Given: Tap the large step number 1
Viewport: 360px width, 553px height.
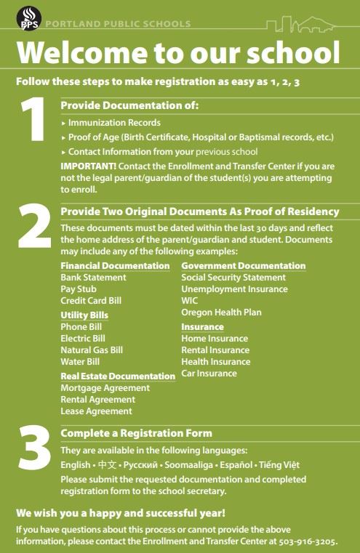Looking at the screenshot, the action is click(x=32, y=121).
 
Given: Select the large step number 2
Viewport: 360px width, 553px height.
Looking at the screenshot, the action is click(x=33, y=228).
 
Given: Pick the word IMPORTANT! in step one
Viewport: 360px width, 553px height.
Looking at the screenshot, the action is click(x=85, y=166).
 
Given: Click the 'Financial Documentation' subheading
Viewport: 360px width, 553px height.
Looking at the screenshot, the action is click(x=115, y=266).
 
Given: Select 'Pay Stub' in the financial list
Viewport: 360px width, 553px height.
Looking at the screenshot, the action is click(x=79, y=289).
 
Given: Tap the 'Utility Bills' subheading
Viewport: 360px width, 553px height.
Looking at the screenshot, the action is click(x=84, y=315).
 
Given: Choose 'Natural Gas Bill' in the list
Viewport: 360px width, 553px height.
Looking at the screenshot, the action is click(x=92, y=350).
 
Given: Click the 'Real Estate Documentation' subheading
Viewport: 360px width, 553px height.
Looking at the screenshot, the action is click(x=118, y=376).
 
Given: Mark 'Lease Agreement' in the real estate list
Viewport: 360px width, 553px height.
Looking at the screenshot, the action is click(x=96, y=411).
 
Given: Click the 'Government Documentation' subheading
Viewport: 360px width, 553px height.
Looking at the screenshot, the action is click(x=243, y=266).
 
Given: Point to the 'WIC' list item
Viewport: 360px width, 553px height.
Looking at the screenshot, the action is click(x=189, y=301).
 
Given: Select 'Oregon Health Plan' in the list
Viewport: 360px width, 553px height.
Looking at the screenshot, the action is click(x=221, y=312).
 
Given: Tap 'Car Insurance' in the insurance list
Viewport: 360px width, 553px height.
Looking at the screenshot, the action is click(x=209, y=374).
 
